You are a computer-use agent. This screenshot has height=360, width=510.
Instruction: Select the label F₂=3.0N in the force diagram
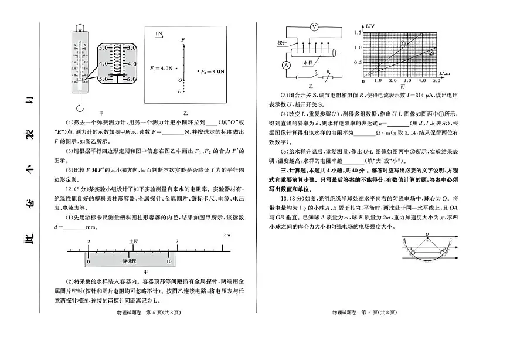212,72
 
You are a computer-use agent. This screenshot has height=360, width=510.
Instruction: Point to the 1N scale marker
159,35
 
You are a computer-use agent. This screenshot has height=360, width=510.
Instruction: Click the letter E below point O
180,91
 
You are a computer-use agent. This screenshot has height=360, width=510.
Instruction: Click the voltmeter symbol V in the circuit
314,27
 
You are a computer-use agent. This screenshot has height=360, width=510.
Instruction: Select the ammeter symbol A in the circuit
286,65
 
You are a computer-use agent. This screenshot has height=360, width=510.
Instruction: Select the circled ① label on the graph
403,44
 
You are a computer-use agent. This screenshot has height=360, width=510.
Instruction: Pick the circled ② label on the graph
431,52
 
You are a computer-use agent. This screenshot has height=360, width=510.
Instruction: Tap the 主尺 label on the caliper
133,241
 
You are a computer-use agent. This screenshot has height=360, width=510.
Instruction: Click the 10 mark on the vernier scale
169,261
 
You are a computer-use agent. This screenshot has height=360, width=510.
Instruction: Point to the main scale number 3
177,242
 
